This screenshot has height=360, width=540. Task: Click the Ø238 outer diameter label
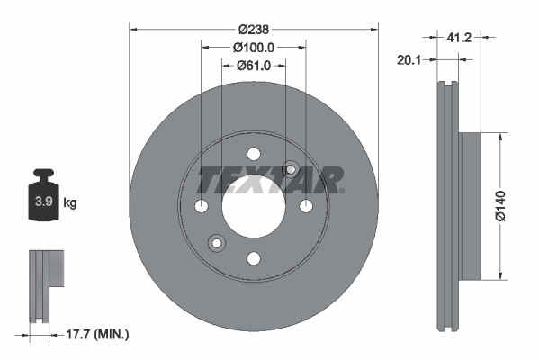(254, 29)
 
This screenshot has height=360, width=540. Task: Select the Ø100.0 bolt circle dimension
(254, 47)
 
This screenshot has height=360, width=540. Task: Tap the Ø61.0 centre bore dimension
(254, 65)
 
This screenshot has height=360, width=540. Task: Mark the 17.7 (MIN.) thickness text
(99, 335)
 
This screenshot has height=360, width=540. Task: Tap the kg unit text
(70, 203)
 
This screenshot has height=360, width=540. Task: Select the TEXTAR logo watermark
(270, 180)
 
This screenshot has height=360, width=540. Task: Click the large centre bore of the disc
(254, 206)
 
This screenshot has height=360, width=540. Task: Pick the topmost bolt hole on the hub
(254, 154)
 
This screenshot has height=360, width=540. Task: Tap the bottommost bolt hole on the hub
(254, 259)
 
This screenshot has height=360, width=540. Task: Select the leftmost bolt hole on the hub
(202, 207)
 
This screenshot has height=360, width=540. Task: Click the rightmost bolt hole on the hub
(306, 207)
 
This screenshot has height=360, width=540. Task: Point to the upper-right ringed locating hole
(291, 169)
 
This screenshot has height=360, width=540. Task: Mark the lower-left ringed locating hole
(216, 243)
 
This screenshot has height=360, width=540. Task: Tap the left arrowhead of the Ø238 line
(133, 29)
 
